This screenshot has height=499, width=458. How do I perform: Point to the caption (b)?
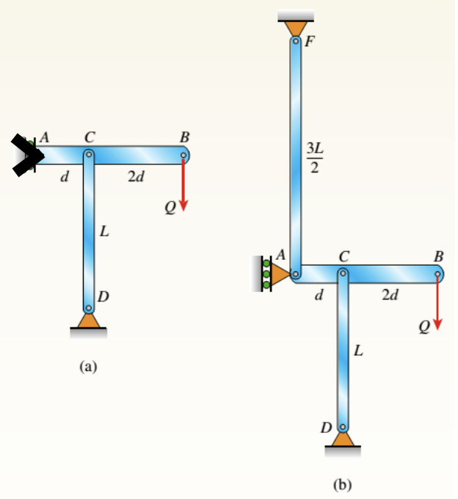pos(343,484)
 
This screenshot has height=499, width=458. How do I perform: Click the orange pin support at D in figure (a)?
pos(88,320)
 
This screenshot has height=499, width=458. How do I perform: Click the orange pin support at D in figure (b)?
pos(343,438)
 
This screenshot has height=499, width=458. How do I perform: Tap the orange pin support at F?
pos(295,26)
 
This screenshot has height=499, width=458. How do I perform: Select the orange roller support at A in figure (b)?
pos(280,274)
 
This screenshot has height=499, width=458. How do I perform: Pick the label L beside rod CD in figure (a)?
pos(104,233)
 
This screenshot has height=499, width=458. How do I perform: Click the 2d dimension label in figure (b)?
pos(390,296)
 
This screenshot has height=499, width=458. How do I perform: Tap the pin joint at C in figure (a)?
pos(88,155)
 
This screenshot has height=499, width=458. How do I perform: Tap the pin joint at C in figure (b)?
pos(343,274)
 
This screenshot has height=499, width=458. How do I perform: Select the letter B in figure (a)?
pos(184,136)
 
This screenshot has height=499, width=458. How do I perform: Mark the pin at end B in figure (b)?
pos(438,274)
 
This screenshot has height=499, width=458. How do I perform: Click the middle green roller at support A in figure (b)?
pos(266,274)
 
